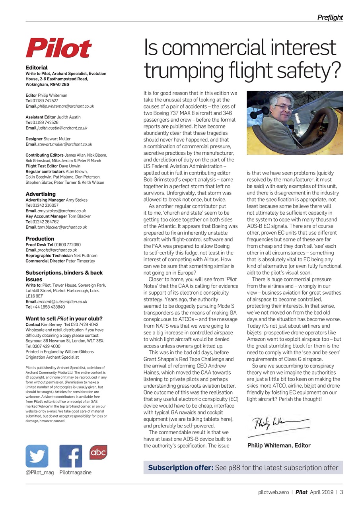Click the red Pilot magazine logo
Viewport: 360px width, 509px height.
(59, 48)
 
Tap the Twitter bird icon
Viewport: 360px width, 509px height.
(37, 456)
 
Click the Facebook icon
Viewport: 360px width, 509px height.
(71, 456)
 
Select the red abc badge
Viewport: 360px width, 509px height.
(98, 452)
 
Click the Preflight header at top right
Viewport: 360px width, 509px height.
(330, 17)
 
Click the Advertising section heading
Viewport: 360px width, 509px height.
(41, 194)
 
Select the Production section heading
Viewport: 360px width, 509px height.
(40, 239)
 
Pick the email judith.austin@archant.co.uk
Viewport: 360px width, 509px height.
(62, 128)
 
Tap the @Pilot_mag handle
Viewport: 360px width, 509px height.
(39, 472)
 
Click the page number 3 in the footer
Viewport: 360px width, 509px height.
(341, 492)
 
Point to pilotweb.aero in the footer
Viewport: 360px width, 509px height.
(273, 492)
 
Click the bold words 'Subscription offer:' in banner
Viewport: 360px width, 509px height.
(181, 468)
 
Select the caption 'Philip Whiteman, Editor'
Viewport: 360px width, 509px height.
(278, 445)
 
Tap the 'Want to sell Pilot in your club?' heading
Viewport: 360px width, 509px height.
(64, 319)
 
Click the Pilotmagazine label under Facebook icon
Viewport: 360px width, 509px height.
(75, 472)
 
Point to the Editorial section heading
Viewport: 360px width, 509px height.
(37, 68)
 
